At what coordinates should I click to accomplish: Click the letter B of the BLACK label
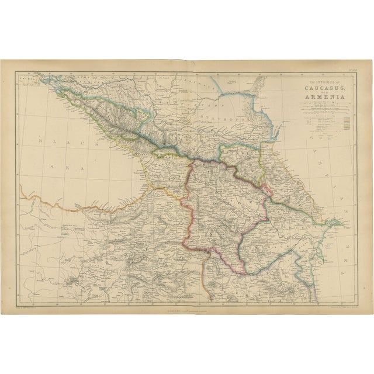tap(38, 141)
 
